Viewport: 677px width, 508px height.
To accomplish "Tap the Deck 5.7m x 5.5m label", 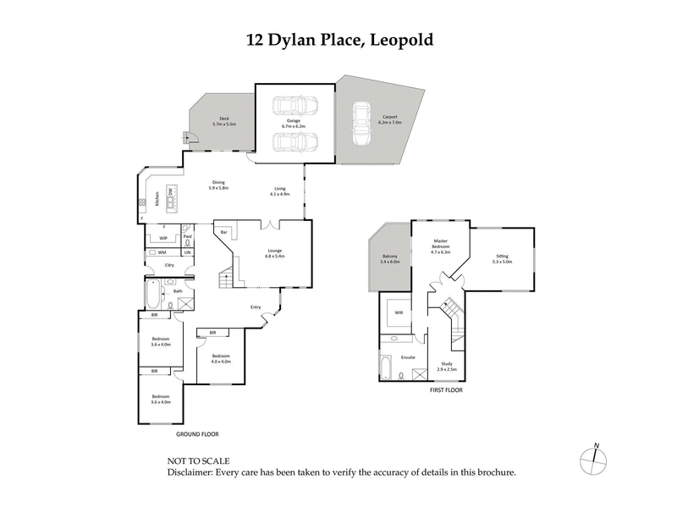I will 223,121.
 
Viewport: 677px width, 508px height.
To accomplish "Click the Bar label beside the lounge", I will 224,231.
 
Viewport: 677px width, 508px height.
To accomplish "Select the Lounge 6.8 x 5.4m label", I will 276,252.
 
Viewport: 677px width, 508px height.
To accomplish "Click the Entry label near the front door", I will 256,306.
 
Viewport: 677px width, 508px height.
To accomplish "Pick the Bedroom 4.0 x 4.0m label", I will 222,359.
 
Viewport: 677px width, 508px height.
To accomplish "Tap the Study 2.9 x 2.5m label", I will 446,366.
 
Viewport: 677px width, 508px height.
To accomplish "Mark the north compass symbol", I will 595,458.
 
